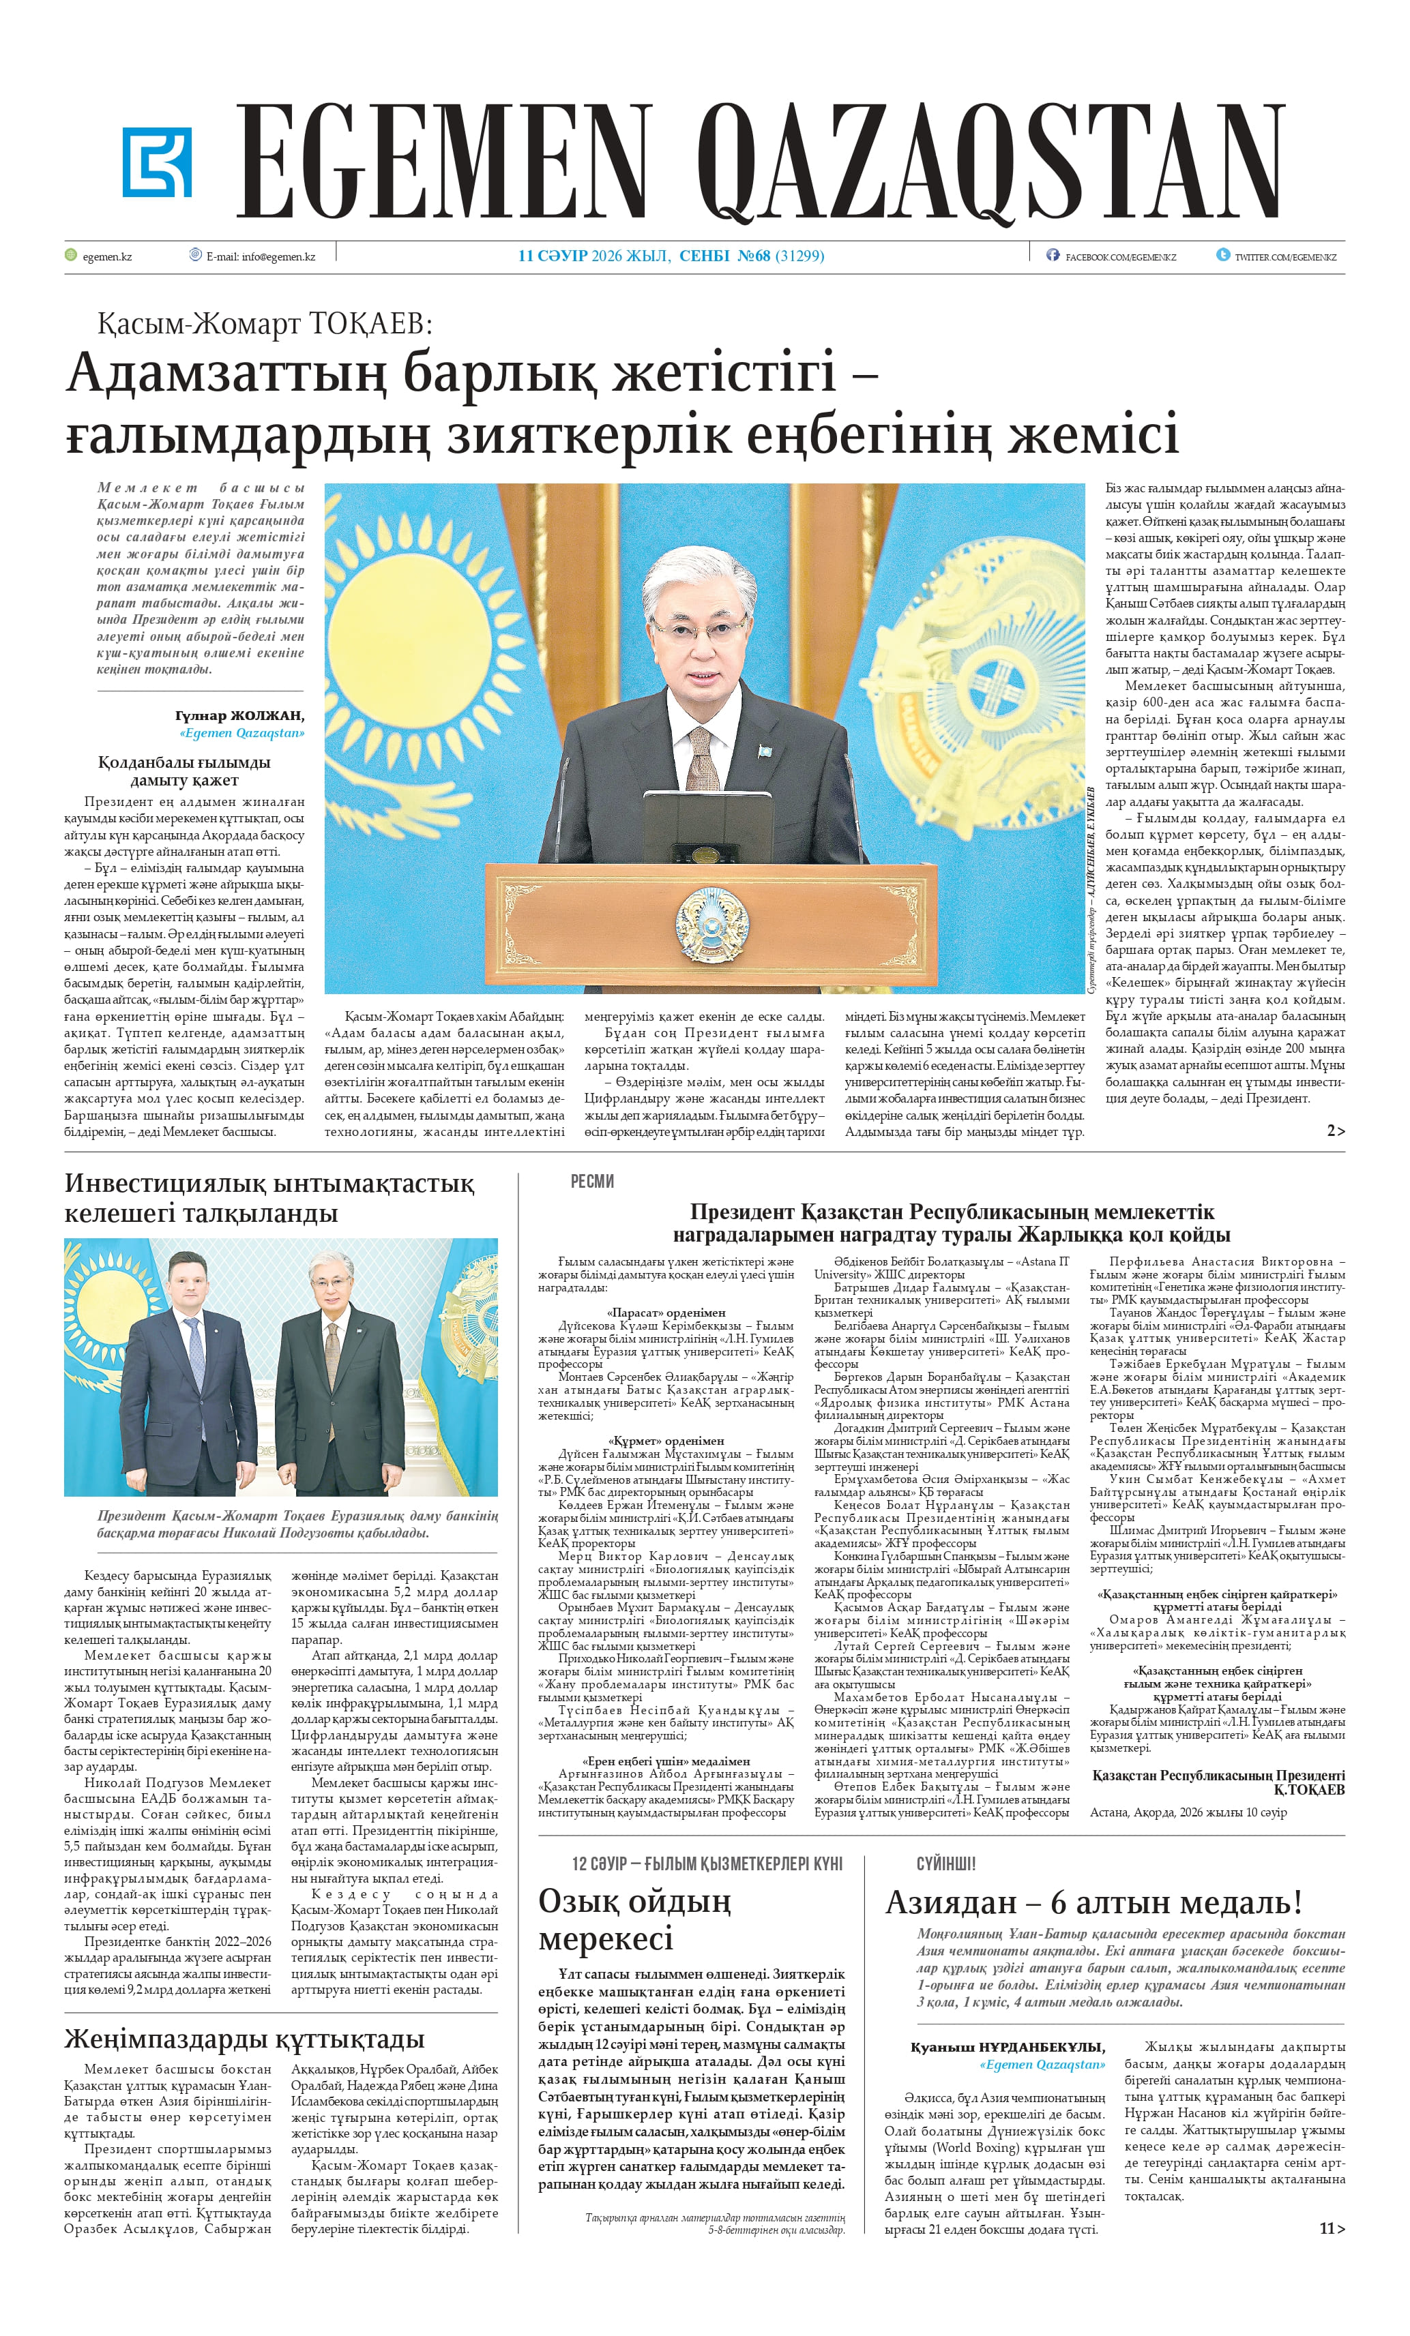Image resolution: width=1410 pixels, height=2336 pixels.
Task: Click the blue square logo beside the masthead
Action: (x=156, y=162)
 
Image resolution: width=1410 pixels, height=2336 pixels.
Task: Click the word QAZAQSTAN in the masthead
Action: (x=989, y=162)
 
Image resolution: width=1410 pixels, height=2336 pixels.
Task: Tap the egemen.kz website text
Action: (x=107, y=256)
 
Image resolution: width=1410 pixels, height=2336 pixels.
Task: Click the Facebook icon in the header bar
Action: (x=1052, y=255)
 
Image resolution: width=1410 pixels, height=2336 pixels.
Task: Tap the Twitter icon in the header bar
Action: (x=1223, y=255)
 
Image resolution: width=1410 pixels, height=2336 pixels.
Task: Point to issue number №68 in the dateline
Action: (x=754, y=256)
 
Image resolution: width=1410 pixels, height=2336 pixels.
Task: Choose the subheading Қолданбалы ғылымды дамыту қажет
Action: (x=184, y=770)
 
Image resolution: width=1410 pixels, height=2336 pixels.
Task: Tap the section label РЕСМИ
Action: (x=591, y=1181)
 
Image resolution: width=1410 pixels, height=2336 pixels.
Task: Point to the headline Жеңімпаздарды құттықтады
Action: (x=244, y=2038)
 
